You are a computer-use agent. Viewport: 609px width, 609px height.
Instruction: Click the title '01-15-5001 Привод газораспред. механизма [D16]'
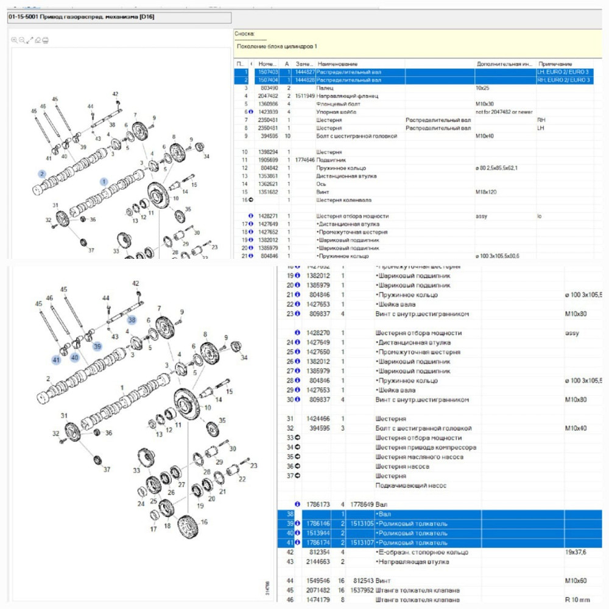(81, 17)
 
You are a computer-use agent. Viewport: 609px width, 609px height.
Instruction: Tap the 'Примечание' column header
(555, 64)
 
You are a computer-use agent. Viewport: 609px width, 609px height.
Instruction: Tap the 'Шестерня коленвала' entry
(343, 200)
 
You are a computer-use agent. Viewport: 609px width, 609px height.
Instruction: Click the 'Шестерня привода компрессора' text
(426, 448)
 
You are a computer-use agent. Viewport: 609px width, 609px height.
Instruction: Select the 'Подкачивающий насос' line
(410, 485)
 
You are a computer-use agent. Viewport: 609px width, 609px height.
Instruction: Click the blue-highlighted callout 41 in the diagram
(56, 360)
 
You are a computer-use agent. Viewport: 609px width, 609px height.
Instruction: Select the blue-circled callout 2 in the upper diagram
(42, 174)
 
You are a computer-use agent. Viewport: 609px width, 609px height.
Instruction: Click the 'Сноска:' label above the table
(245, 34)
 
